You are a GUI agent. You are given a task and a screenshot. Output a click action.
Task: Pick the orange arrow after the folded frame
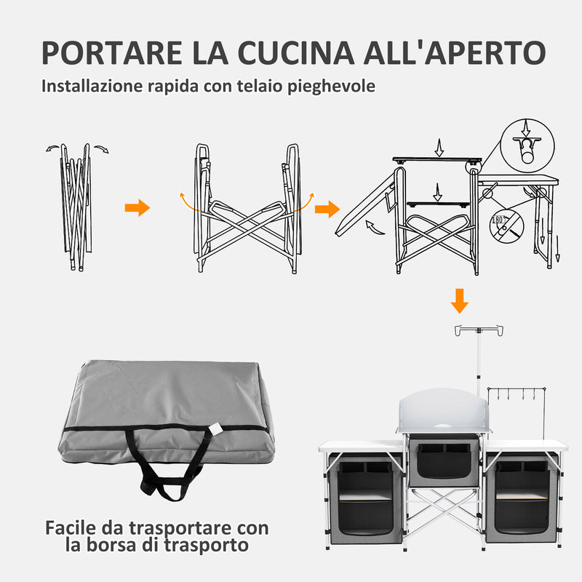[x=137, y=209]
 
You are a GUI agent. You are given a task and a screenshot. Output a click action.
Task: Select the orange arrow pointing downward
[x=459, y=300]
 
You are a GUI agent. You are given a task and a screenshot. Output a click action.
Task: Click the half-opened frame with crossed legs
[x=247, y=211]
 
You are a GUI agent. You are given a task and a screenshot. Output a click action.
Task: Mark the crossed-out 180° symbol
[x=506, y=223]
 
